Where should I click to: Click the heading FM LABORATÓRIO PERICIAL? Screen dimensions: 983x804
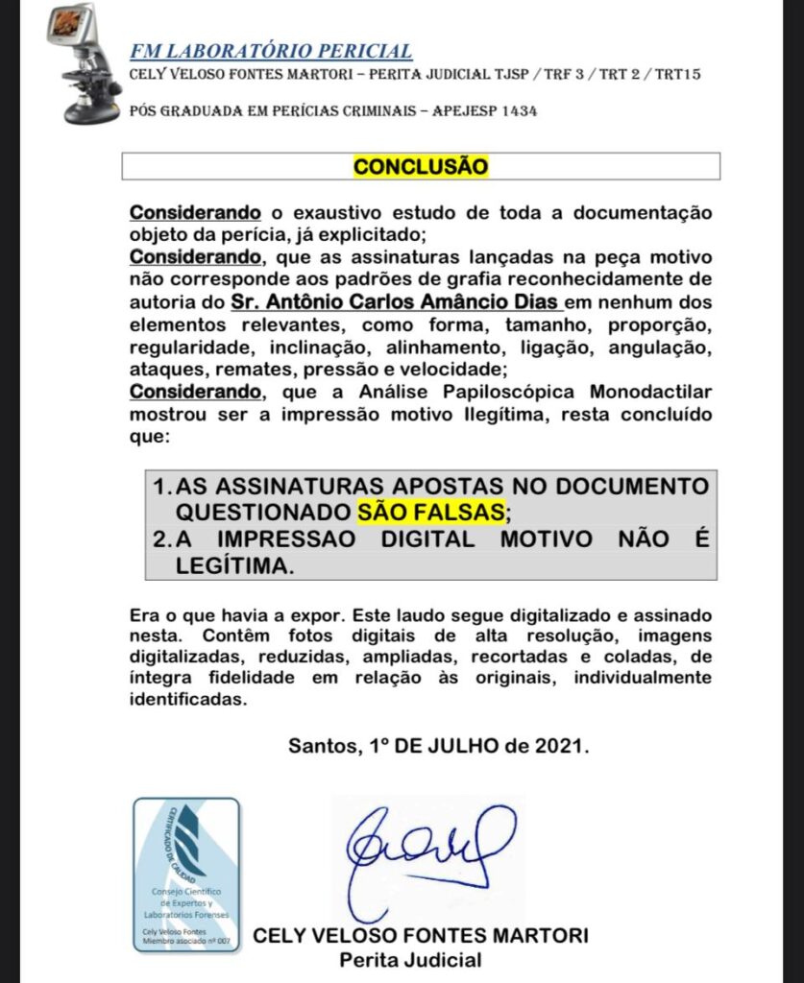[x=271, y=52]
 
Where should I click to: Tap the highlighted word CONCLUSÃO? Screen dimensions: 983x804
[x=421, y=166]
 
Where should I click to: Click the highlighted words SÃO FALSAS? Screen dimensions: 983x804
[x=429, y=511]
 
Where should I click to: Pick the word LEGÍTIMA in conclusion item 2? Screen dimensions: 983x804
[x=232, y=566]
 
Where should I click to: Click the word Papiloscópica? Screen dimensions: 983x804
[x=518, y=393]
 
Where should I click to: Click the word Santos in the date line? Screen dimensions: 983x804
[x=321, y=746]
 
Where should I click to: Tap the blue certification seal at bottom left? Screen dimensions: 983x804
[x=185, y=875]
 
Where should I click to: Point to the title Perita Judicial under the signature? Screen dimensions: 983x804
[x=410, y=959]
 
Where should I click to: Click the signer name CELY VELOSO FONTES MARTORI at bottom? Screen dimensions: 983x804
[x=420, y=935]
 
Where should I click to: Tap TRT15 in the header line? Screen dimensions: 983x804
[x=678, y=75]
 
